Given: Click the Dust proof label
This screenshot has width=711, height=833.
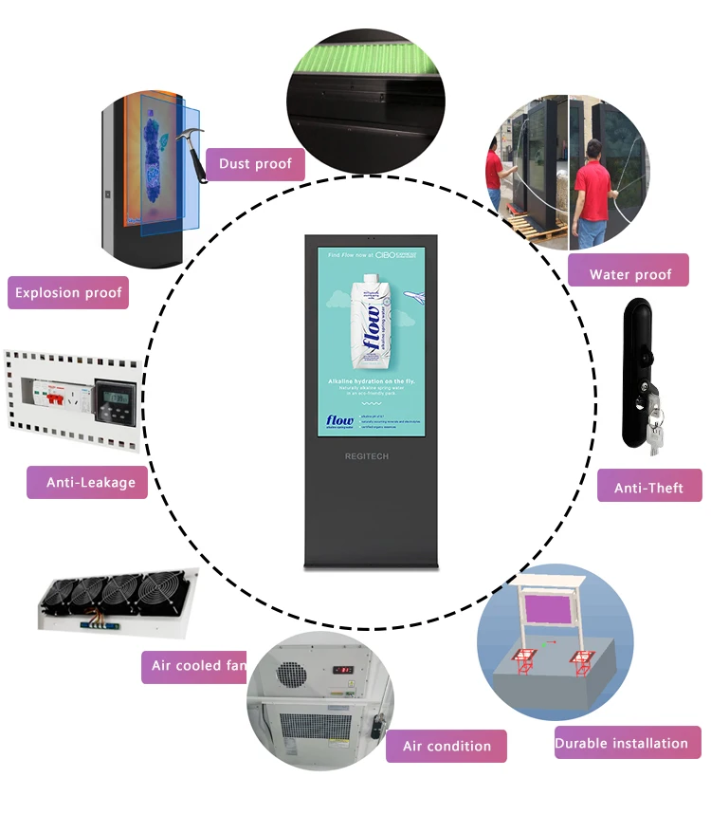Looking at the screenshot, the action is (x=255, y=164).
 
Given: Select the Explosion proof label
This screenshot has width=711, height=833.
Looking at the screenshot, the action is (x=68, y=292).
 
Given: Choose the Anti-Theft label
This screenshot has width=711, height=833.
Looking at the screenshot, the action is (x=648, y=488).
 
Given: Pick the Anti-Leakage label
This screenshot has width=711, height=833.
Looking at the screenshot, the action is (x=91, y=482).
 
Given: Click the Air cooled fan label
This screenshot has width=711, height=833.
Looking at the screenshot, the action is (x=198, y=665).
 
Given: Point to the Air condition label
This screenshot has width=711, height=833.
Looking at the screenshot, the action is (x=447, y=746).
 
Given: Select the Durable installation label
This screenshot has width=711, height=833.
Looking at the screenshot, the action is (x=627, y=743).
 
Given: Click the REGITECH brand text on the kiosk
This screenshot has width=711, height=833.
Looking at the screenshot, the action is (x=366, y=456).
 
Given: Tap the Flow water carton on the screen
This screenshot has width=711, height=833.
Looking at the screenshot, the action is (x=370, y=323).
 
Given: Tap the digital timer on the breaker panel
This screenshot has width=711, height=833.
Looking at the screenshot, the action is (x=117, y=395).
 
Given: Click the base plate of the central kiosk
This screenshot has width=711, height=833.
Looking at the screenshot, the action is (x=371, y=566).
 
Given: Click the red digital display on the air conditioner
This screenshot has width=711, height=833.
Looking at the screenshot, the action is (x=344, y=669).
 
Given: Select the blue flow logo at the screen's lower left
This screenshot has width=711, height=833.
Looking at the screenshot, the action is (x=338, y=420).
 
